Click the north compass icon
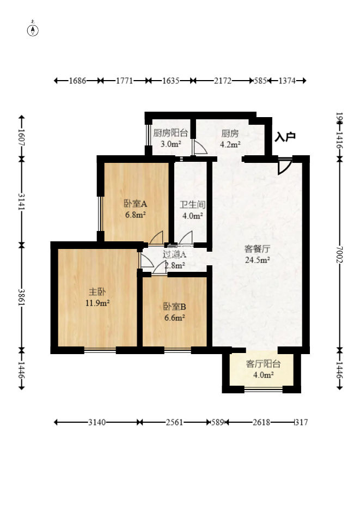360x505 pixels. pyautogui.click(x=33, y=29)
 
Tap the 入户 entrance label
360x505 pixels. pyautogui.click(x=285, y=137)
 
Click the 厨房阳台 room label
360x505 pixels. pyautogui.click(x=170, y=133)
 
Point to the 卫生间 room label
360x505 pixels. pyautogui.click(x=192, y=205)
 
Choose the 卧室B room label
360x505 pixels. pyautogui.click(x=174, y=306)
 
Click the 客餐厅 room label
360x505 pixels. pyautogui.click(x=258, y=249)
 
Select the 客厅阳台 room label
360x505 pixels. pyautogui.click(x=259, y=364)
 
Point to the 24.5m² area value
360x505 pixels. pyautogui.click(x=258, y=260)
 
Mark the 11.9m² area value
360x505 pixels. pyautogui.click(x=97, y=302)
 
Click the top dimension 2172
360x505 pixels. pyautogui.click(x=223, y=81)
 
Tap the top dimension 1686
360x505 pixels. pyautogui.click(x=77, y=81)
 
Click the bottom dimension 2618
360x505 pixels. pyautogui.click(x=260, y=422)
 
